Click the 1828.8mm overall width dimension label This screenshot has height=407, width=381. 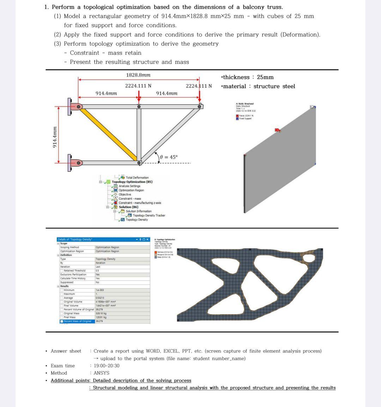(x=138, y=75)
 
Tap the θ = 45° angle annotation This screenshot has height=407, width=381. (x=169, y=157)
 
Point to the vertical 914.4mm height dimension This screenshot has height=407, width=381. (x=55, y=137)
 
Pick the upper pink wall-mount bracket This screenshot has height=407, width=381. (x=77, y=107)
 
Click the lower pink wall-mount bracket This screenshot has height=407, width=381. (x=77, y=163)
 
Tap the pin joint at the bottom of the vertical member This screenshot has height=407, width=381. (x=139, y=163)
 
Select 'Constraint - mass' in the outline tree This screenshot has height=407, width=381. (x=129, y=199)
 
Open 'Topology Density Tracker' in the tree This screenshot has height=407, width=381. (x=149, y=215)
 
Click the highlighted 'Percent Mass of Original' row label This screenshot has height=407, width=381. (x=77, y=321)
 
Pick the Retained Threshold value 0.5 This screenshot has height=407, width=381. (x=97, y=271)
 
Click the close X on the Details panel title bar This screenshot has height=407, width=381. (x=147, y=239)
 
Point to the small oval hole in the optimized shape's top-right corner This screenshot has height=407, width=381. (x=309, y=258)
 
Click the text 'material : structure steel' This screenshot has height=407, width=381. (x=258, y=86)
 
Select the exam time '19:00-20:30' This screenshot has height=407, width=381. (x=107, y=366)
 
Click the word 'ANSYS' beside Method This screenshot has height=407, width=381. (x=102, y=373)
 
